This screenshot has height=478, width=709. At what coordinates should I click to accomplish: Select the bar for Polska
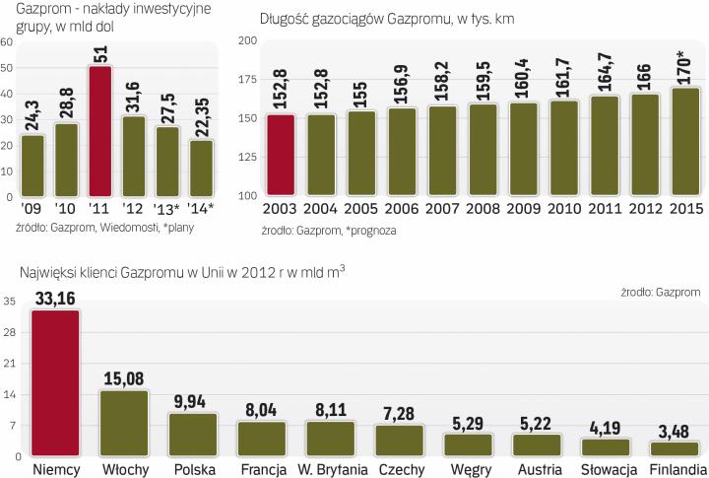pos(193,434)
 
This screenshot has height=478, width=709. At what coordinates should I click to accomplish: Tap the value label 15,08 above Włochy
pos(125,378)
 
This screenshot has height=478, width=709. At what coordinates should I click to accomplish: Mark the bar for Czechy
pos(400,440)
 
